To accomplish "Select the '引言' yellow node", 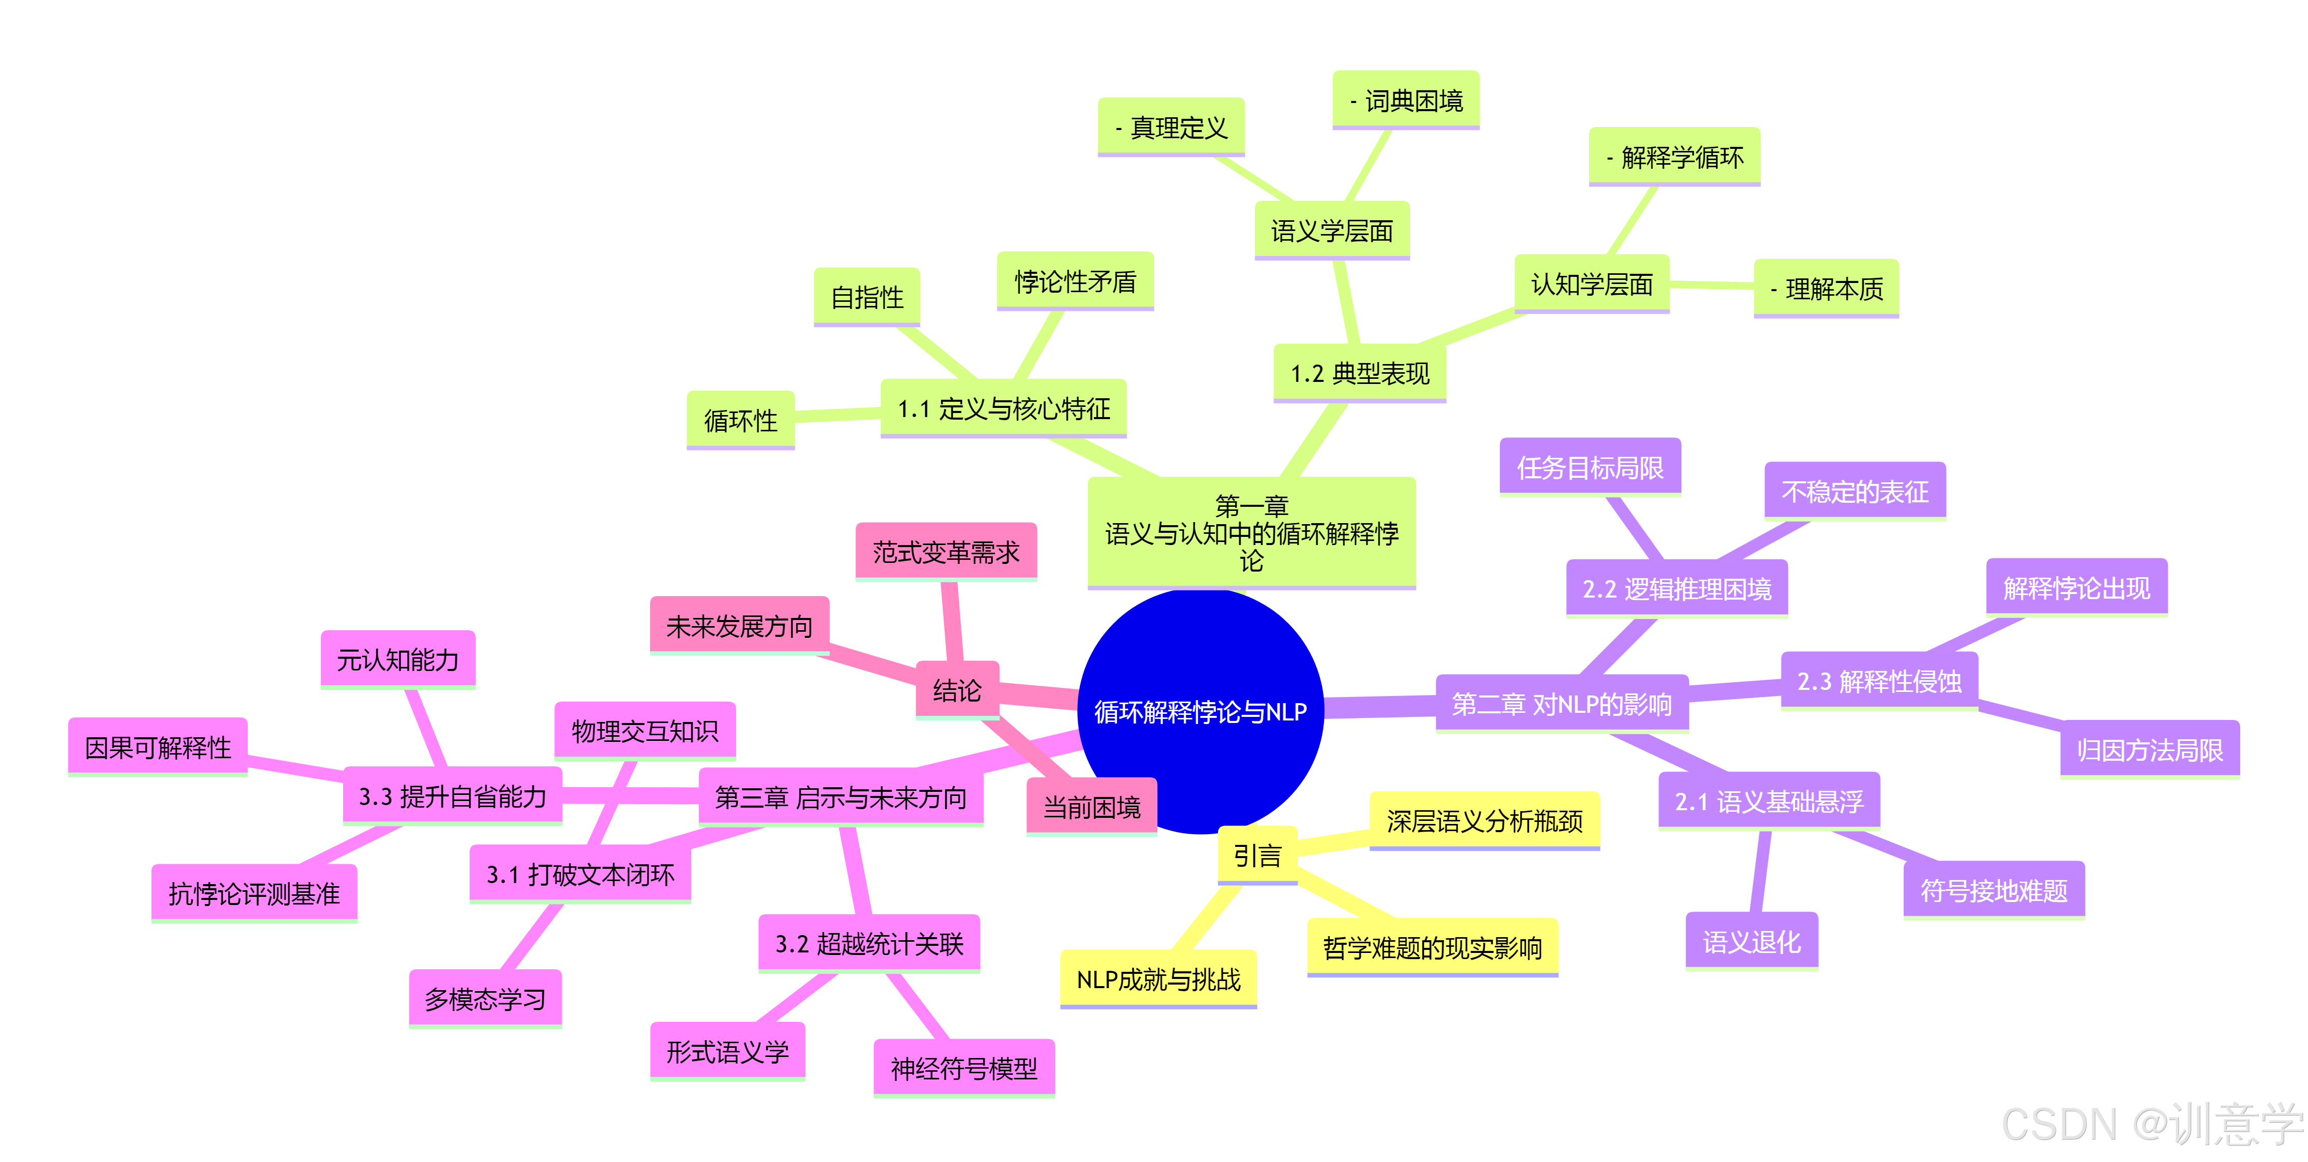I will (x=1257, y=856).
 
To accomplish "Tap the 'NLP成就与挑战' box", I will (x=1158, y=979).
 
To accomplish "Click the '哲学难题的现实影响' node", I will (x=1432, y=947).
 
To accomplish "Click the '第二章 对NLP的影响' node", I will (x=1562, y=704).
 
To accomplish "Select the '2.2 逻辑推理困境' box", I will (x=1676, y=588).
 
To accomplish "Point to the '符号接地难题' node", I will (x=1993, y=891).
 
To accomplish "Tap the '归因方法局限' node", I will (x=2149, y=750).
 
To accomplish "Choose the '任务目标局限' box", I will (x=1590, y=467).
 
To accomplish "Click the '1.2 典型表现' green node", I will (x=1359, y=373).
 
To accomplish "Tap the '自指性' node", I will (x=866, y=297).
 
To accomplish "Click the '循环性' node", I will (x=740, y=420).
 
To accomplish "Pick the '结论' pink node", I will (x=957, y=690).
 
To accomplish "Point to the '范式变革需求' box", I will (x=946, y=552).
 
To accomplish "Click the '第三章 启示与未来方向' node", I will (x=840, y=796).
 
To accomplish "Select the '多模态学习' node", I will (x=485, y=998).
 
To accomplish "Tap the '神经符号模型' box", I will (x=964, y=1068).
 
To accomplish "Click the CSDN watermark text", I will (x=2150, y=1124).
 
